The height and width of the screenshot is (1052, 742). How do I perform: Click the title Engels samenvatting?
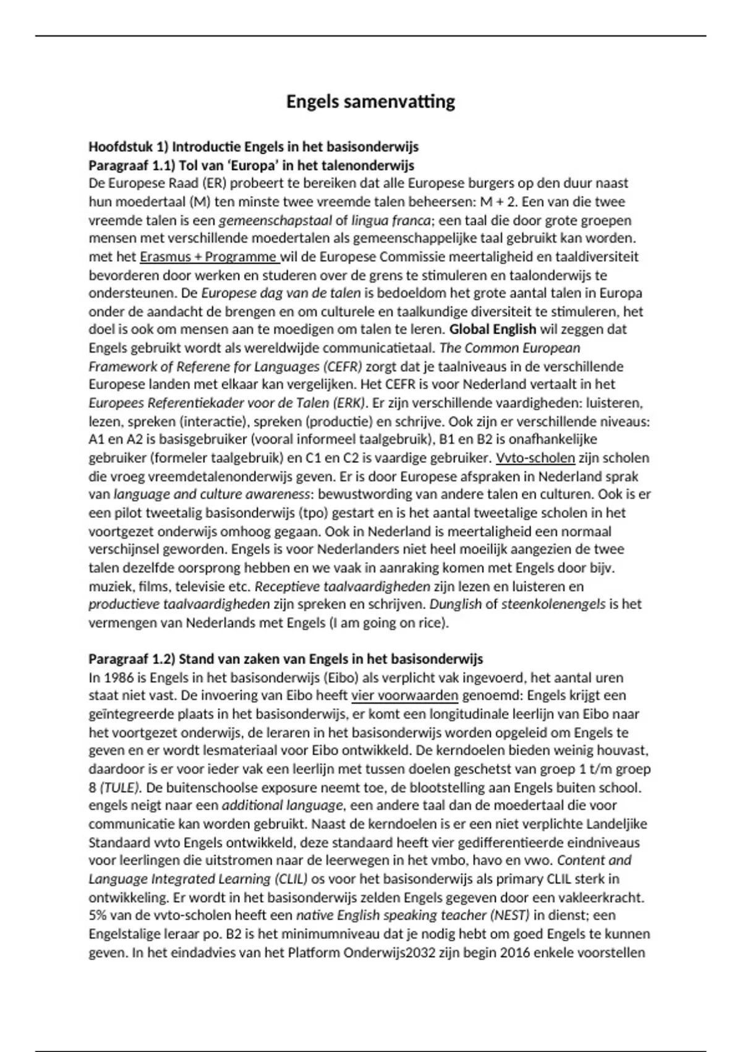(x=370, y=101)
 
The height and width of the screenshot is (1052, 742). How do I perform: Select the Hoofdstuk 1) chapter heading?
(x=254, y=147)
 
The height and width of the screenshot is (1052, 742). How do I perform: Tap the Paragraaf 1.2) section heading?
(x=286, y=658)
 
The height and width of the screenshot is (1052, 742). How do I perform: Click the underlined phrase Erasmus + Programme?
(x=208, y=257)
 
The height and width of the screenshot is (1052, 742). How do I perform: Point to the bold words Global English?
(x=492, y=329)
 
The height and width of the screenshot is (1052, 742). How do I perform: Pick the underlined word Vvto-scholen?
(x=535, y=458)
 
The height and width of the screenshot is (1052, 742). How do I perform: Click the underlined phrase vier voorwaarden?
(x=404, y=696)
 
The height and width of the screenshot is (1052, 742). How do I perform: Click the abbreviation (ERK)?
(x=350, y=403)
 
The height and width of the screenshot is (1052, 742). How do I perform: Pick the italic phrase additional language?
(x=282, y=806)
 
